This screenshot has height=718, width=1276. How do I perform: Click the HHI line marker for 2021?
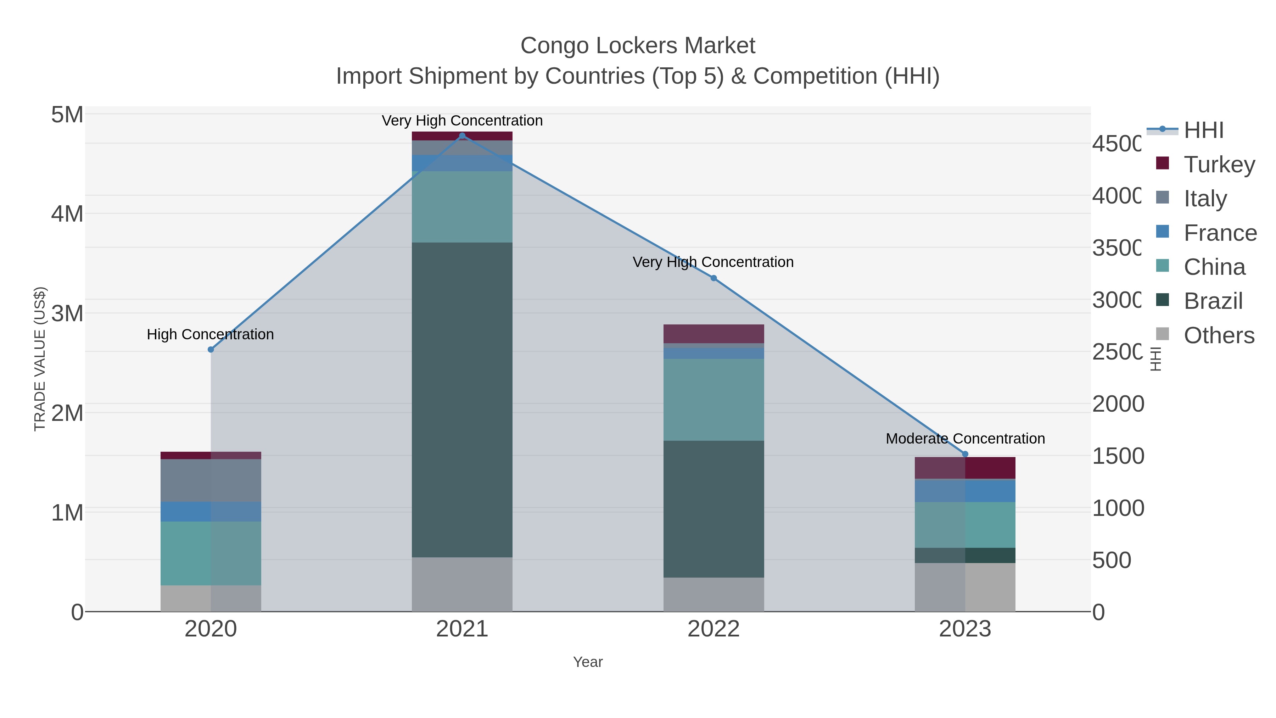(x=462, y=136)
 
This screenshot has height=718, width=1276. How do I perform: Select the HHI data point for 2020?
(x=211, y=349)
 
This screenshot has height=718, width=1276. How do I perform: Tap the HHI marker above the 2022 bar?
(x=713, y=278)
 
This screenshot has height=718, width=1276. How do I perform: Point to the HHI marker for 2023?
(x=965, y=454)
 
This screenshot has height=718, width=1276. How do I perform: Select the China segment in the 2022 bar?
(x=713, y=399)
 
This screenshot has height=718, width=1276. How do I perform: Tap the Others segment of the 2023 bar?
(x=965, y=587)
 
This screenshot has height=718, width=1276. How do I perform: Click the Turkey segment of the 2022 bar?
(x=713, y=334)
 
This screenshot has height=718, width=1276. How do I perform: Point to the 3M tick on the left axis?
(x=67, y=314)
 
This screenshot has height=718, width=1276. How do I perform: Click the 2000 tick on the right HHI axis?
(x=1118, y=404)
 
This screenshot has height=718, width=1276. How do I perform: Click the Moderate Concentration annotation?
(x=965, y=439)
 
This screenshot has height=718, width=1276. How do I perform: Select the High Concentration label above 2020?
(x=211, y=334)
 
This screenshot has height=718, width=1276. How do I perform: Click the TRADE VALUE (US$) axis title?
(x=40, y=359)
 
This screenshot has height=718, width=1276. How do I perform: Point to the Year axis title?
(x=587, y=662)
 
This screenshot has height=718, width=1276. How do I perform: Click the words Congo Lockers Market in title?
(x=638, y=46)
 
